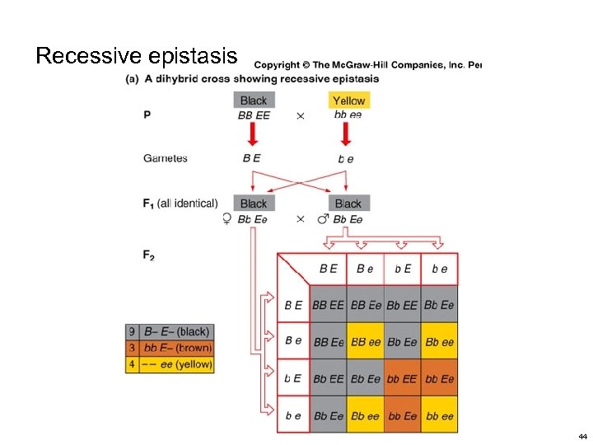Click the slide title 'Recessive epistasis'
(136, 56)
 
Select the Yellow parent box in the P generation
(348, 101)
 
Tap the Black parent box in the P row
(254, 101)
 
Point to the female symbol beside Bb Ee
(226, 219)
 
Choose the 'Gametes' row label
(166, 158)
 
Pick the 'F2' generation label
(149, 255)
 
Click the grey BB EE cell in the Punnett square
(328, 305)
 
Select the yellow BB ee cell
(365, 342)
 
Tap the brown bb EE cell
(402, 379)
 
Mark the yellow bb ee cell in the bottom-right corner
(439, 416)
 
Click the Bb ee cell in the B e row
(439, 342)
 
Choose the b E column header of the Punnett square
(402, 269)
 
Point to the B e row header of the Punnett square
(293, 341)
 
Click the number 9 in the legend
(132, 332)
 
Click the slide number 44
(582, 436)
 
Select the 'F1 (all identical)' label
(180, 203)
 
